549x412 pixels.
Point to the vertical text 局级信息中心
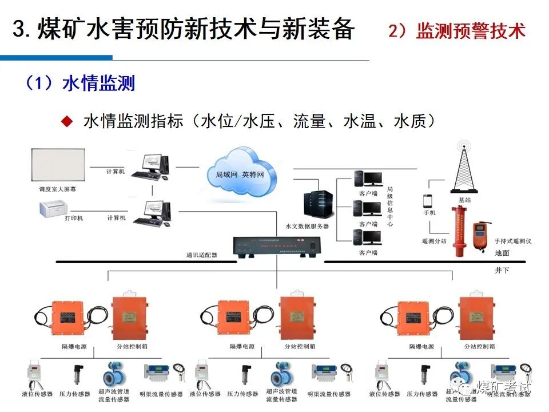click(390, 207)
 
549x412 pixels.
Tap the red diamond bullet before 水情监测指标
click(67, 121)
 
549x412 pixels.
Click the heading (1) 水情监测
click(79, 84)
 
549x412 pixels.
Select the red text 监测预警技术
click(470, 31)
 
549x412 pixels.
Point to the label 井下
click(502, 270)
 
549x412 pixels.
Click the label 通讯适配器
click(201, 255)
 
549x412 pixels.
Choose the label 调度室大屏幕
click(52, 188)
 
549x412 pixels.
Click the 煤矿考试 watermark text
click(503, 387)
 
